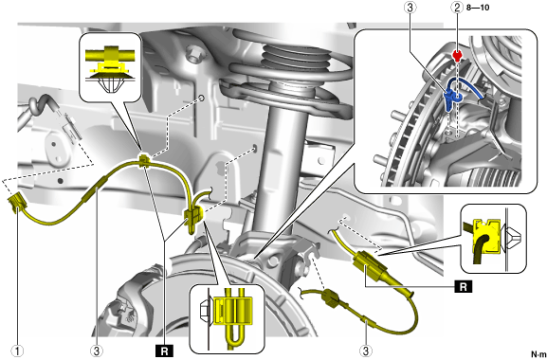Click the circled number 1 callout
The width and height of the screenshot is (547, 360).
tap(18, 351)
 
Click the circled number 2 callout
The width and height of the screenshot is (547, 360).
tap(457, 8)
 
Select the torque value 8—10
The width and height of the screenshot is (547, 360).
tap(478, 8)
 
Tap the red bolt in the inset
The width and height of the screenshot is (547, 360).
tap(457, 55)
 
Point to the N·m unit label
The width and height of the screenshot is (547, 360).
tap(538, 353)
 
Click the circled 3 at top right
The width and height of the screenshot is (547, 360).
tap(410, 8)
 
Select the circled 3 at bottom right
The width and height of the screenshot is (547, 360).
tap(366, 351)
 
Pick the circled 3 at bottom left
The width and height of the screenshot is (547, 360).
tap(97, 351)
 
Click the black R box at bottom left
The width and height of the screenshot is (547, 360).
tap(165, 351)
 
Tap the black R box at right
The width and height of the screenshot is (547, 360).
tap(464, 287)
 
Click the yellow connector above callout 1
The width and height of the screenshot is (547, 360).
tap(17, 204)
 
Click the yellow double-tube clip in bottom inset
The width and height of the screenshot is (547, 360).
tap(233, 311)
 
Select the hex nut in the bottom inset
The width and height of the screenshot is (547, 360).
tap(205, 310)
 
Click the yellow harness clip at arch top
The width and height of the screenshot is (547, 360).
tap(145, 161)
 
